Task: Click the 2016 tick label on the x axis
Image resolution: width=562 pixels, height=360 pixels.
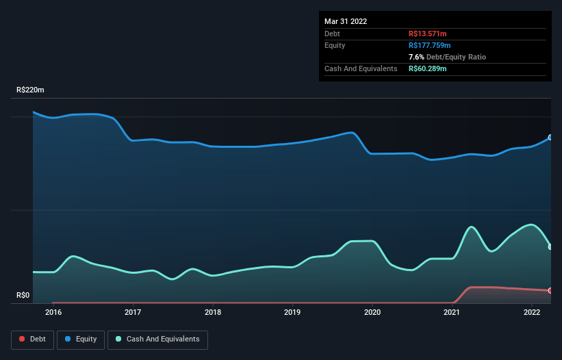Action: pyautogui.click(x=53, y=313)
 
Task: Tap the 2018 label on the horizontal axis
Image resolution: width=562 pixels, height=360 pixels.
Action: pyautogui.click(x=213, y=313)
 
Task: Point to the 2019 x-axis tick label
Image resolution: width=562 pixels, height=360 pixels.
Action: pyautogui.click(x=292, y=313)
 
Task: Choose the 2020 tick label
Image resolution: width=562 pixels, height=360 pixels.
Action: pyautogui.click(x=372, y=313)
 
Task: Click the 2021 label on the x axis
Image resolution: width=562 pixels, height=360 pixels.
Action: pyautogui.click(x=452, y=313)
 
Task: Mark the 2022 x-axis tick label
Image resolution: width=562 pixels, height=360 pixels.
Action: pyautogui.click(x=531, y=313)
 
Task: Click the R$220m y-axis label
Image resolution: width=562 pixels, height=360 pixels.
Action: pyautogui.click(x=30, y=90)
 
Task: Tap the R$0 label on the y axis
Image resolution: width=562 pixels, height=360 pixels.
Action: pyautogui.click(x=23, y=296)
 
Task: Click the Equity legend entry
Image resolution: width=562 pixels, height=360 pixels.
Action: pyautogui.click(x=81, y=339)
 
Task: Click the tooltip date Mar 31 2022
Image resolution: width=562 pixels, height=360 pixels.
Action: pyautogui.click(x=346, y=21)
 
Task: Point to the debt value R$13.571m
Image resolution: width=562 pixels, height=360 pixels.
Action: pyautogui.click(x=427, y=34)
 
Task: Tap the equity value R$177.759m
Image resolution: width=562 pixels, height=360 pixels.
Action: pyautogui.click(x=430, y=45)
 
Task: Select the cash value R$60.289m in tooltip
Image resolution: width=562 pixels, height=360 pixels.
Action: pyautogui.click(x=427, y=68)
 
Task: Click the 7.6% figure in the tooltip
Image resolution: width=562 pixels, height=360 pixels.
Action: pyautogui.click(x=416, y=57)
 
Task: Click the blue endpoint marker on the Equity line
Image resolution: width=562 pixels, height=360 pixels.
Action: pyautogui.click(x=550, y=138)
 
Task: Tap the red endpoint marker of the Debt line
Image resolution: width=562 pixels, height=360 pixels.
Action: pyautogui.click(x=550, y=290)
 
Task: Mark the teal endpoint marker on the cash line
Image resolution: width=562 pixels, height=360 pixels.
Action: pyautogui.click(x=550, y=246)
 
